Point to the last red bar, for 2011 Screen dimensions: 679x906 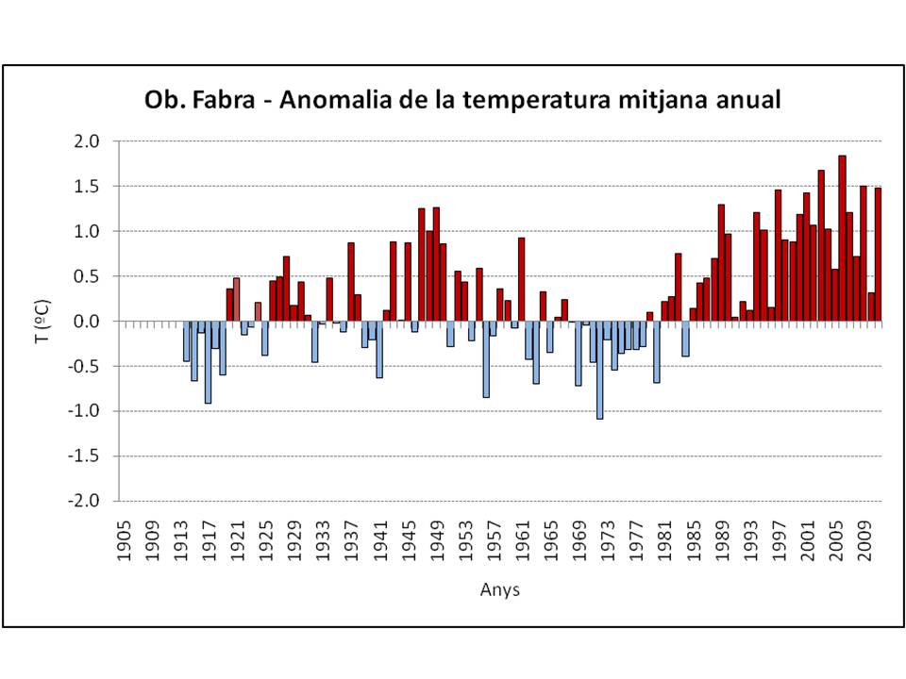coord(878,255)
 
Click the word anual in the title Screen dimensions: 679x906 coord(747,100)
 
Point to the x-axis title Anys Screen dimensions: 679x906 coord(499,590)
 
